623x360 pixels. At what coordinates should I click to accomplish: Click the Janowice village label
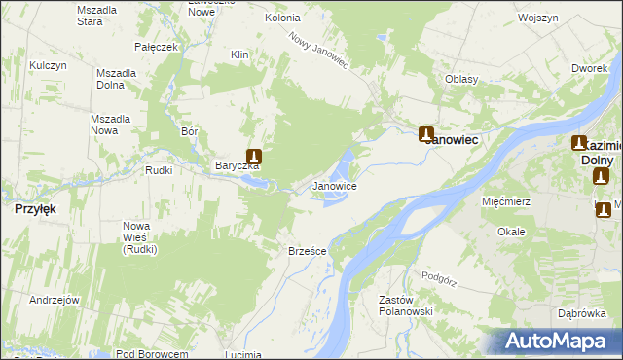coord(334,186)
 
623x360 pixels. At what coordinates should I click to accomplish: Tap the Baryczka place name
coord(237,165)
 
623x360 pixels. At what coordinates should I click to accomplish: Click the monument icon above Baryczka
coord(254,156)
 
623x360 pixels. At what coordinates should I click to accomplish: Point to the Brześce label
coord(307,251)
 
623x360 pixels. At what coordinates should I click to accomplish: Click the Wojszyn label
coord(537,18)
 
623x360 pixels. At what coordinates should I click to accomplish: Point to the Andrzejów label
coord(54,300)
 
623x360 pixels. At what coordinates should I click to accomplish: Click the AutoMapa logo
coord(562,342)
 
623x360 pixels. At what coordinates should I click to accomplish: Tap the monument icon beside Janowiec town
coord(426,134)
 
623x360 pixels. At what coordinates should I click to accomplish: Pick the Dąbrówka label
coord(583,313)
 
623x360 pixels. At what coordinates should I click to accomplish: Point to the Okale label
coord(511,232)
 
